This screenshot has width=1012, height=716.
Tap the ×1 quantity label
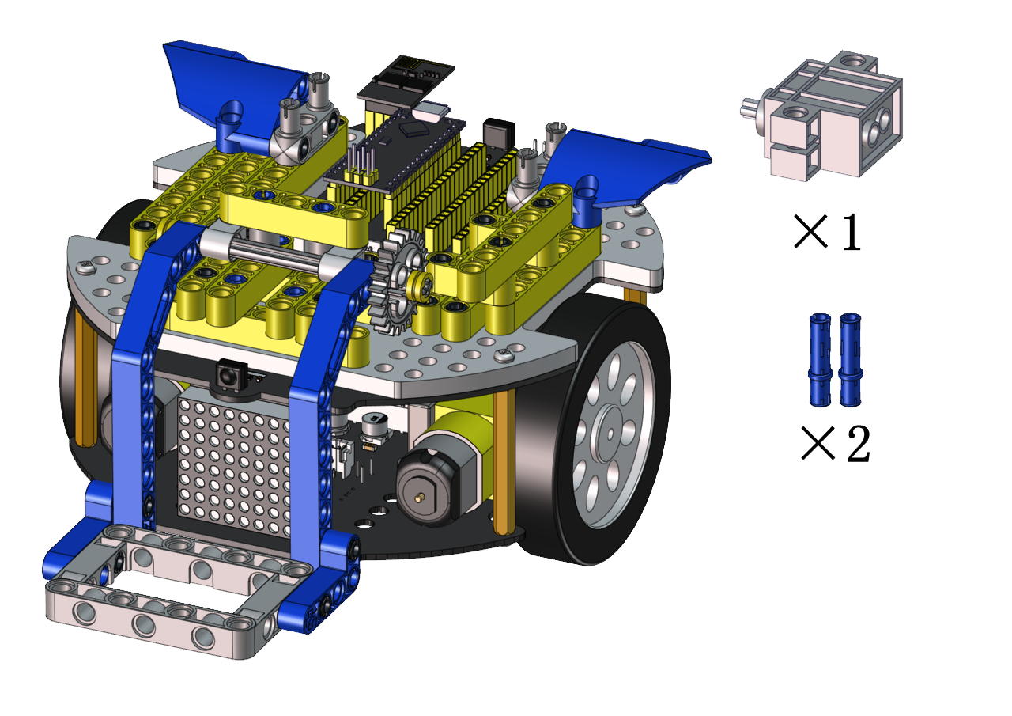tap(827, 232)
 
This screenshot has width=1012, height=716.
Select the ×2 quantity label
tap(836, 443)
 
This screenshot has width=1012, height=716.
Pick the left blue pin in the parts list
tap(820, 359)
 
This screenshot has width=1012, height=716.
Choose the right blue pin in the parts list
tap(850, 359)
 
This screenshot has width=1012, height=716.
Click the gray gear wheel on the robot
tap(398, 282)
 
